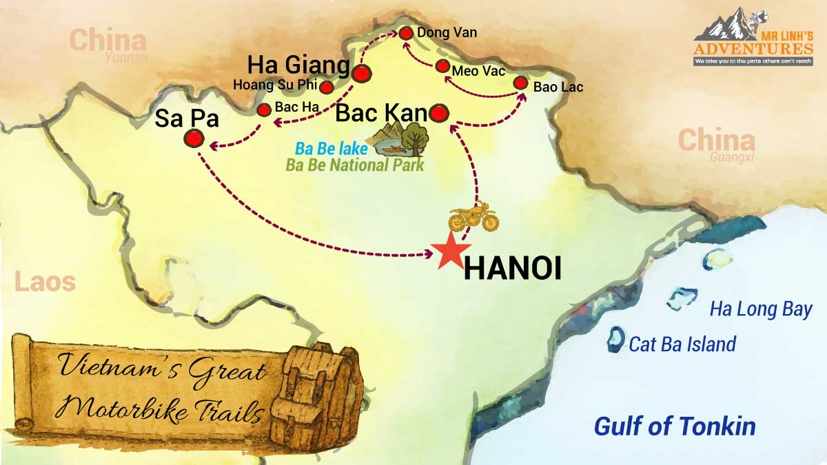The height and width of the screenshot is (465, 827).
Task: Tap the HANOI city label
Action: [512, 268]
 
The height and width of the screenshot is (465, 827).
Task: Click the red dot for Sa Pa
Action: [194, 139]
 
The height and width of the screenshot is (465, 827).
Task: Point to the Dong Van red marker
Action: [406, 32]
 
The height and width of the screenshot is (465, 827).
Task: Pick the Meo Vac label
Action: [479, 71]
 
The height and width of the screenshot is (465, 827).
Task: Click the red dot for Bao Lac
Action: [522, 83]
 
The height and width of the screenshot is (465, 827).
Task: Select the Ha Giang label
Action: [298, 65]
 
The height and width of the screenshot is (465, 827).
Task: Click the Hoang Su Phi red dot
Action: [327, 87]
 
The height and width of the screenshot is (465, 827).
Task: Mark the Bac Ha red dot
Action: [263, 110]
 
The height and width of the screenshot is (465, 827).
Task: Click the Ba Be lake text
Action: [331, 149]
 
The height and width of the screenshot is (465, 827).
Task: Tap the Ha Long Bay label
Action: [761, 310]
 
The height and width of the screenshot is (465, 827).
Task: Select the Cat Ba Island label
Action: [682, 344]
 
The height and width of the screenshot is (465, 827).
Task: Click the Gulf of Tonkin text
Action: [675, 426]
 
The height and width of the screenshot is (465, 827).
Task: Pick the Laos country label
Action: [44, 282]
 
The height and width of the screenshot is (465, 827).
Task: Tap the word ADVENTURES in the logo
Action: [753, 49]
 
